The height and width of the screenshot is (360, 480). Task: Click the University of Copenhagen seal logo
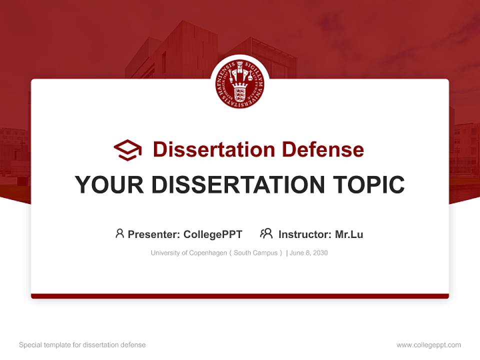click(x=239, y=84)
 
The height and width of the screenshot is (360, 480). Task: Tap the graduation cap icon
click(x=127, y=149)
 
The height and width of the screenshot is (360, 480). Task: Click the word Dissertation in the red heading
click(x=214, y=149)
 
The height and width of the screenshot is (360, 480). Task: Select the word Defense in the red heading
click(x=323, y=149)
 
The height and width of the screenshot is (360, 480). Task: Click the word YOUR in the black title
click(x=109, y=184)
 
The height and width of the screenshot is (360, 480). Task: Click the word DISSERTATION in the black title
click(x=238, y=184)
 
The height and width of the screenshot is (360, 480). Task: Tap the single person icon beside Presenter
click(x=119, y=233)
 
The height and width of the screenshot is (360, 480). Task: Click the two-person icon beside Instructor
click(x=266, y=233)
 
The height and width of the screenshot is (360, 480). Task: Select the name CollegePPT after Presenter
click(x=213, y=234)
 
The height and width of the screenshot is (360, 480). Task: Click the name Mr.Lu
click(x=349, y=234)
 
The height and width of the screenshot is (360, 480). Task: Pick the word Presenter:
click(x=153, y=234)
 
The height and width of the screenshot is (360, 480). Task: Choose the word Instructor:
click(x=305, y=234)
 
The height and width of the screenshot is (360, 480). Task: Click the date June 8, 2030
click(x=308, y=253)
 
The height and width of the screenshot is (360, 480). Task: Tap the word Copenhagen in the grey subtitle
click(x=208, y=253)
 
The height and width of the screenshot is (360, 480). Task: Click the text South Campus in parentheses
click(x=255, y=253)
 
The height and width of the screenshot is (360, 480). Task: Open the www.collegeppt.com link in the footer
click(x=428, y=345)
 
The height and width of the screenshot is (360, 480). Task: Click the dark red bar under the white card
click(x=240, y=296)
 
